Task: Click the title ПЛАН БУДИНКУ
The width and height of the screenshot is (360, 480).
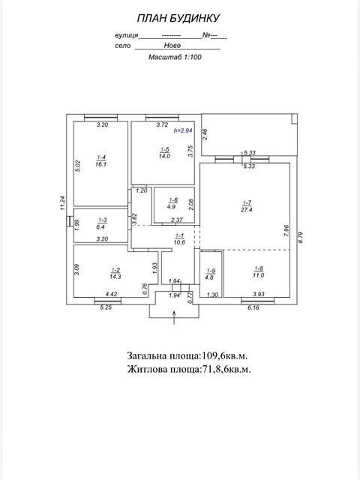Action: pyautogui.click(x=178, y=18)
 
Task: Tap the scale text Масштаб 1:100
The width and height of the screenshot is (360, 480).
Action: pyautogui.click(x=175, y=57)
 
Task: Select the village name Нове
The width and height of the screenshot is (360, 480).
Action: pyautogui.click(x=172, y=46)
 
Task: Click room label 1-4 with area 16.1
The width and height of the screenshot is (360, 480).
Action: pyautogui.click(x=101, y=161)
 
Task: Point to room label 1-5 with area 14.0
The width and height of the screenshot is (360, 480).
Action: pyautogui.click(x=164, y=153)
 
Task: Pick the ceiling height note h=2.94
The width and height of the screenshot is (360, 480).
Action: pyautogui.click(x=183, y=130)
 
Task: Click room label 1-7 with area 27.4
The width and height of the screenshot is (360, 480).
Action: pyautogui.click(x=247, y=206)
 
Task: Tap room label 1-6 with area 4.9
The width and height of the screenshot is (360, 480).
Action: pyautogui.click(x=173, y=203)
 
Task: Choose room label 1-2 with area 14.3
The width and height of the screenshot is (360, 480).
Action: pyautogui.click(x=115, y=273)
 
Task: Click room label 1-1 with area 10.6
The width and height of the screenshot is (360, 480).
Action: pyautogui.click(x=179, y=239)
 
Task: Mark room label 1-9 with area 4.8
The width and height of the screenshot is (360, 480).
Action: pyautogui.click(x=211, y=274)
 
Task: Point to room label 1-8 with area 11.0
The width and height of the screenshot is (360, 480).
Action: pyautogui.click(x=259, y=271)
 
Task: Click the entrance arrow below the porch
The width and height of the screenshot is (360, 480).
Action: pyautogui.click(x=174, y=317)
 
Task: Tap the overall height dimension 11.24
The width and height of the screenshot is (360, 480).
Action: pyautogui.click(x=62, y=202)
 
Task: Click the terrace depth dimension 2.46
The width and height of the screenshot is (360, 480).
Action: pyautogui.click(x=205, y=134)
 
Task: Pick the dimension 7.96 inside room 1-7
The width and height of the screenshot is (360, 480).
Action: pyautogui.click(x=286, y=231)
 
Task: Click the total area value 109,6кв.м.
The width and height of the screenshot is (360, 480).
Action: pyautogui.click(x=224, y=355)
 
